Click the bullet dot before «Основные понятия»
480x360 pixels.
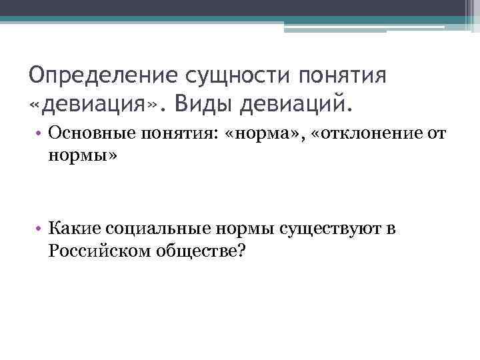coord(39,134)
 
